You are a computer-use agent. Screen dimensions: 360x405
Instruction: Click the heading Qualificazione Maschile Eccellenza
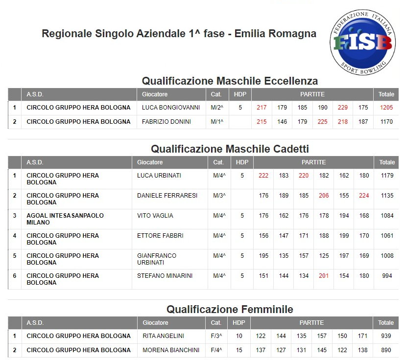pyautogui.click(x=230, y=81)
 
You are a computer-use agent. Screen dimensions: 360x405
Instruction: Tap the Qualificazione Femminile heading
pyautogui.click(x=230, y=309)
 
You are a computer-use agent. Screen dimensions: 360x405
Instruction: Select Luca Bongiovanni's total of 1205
pyautogui.click(x=386, y=108)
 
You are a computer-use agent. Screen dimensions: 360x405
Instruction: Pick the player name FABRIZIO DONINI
pyautogui.click(x=167, y=122)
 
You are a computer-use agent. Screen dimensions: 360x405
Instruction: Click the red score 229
pyautogui.click(x=343, y=108)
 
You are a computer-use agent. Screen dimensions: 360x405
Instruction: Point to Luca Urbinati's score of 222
pyautogui.click(x=263, y=176)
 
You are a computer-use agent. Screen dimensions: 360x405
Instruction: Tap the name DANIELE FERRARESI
pyautogui.click(x=167, y=196)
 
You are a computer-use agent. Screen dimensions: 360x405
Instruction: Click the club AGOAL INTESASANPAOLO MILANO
pyautogui.click(x=65, y=219)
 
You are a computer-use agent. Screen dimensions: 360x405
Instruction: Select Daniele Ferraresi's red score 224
pyautogui.click(x=364, y=196)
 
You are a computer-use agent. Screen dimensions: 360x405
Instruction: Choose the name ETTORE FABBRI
pyautogui.click(x=160, y=236)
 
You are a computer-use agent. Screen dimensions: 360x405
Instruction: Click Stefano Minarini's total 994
pyautogui.click(x=387, y=276)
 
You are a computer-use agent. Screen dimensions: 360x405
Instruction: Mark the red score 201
pyautogui.click(x=324, y=276)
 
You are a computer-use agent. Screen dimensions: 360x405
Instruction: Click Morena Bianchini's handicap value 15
pyautogui.click(x=238, y=350)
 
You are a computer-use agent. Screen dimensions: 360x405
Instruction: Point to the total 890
pyautogui.click(x=386, y=350)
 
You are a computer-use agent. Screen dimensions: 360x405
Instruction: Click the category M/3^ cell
pyautogui.click(x=217, y=196)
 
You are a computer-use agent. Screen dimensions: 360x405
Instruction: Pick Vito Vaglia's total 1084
pyautogui.click(x=387, y=216)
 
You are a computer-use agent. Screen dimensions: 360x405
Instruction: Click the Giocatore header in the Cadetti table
pyautogui.click(x=150, y=162)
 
